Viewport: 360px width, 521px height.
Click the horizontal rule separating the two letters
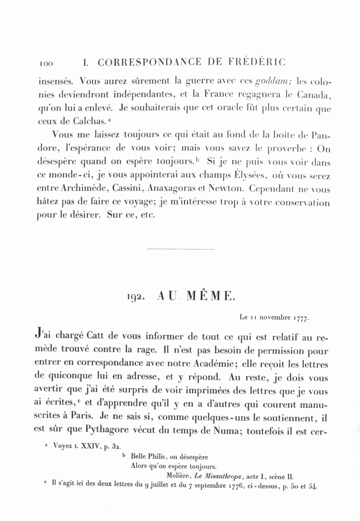(x=181, y=250)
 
